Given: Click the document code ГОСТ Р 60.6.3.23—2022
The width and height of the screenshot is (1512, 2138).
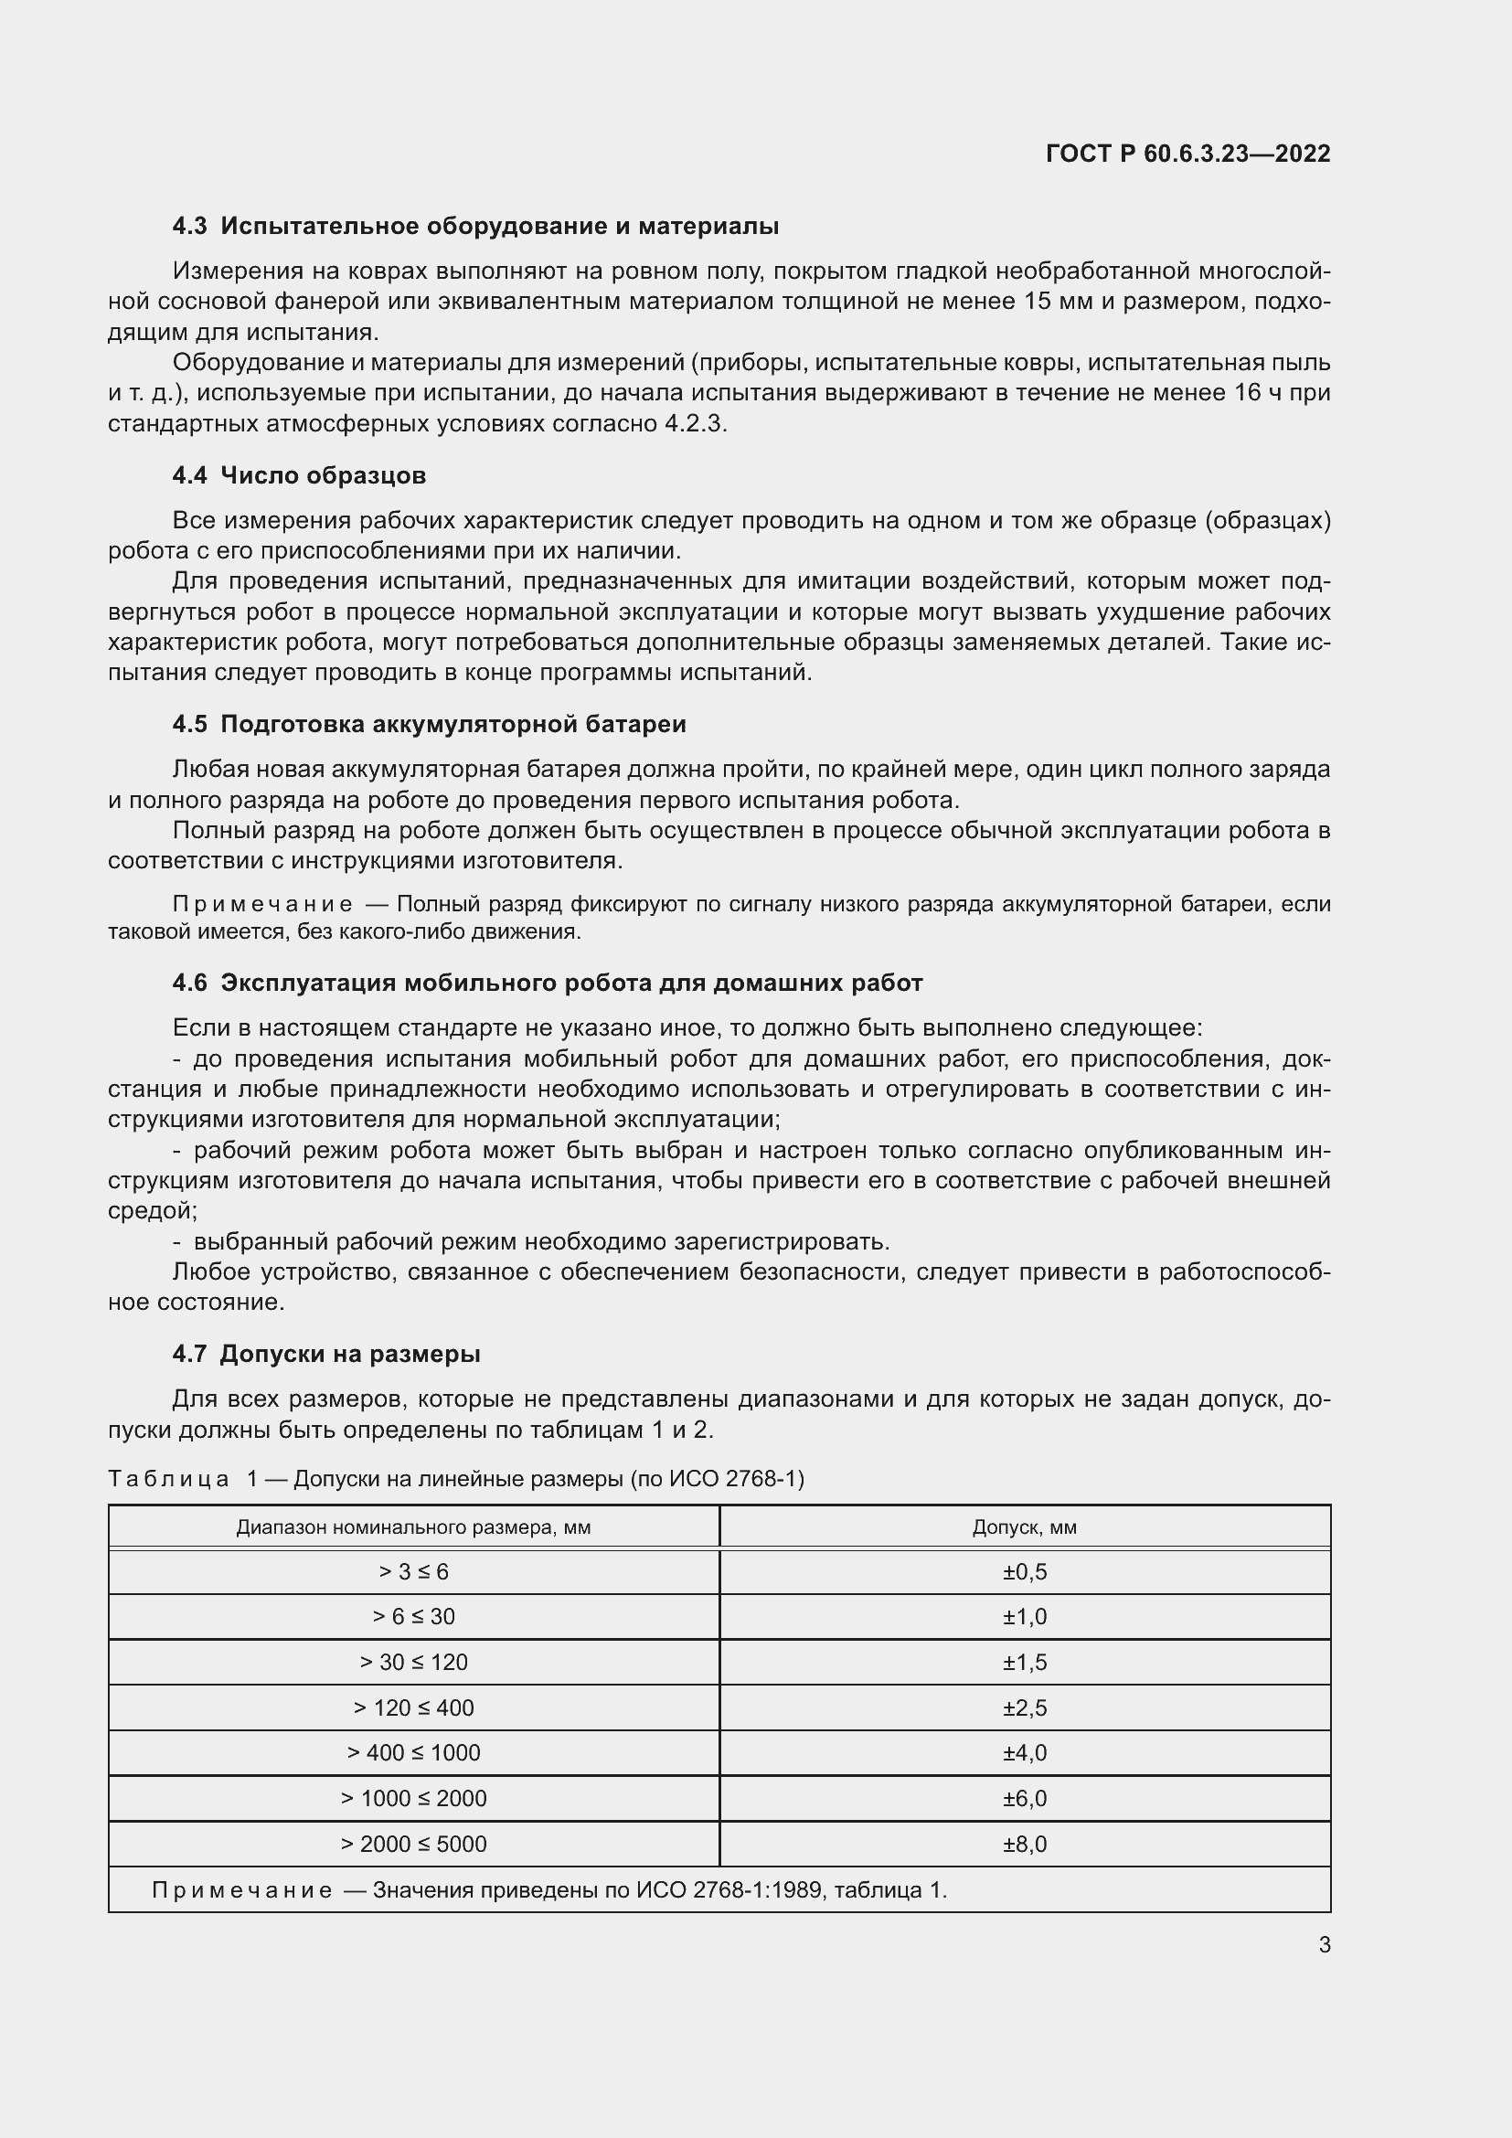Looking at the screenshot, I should (1188, 154).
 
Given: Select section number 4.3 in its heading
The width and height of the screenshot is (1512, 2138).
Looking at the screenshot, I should (190, 227).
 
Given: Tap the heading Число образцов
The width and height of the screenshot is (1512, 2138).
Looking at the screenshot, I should (323, 475).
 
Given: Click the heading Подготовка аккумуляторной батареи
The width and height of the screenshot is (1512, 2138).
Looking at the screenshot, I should (453, 724).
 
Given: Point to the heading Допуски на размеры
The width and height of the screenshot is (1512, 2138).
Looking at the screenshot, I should (350, 1354).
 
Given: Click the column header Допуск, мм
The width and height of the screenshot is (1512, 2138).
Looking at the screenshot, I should (1024, 1527).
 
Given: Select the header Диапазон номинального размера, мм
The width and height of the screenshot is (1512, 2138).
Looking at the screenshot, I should (413, 1527).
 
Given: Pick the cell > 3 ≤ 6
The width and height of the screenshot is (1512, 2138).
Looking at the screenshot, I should (413, 1572).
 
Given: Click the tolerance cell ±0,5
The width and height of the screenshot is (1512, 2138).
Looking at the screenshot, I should (1024, 1572).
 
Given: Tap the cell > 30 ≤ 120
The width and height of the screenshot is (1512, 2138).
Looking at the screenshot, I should (413, 1662).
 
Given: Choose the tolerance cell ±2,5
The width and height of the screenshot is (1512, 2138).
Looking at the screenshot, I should (1024, 1707).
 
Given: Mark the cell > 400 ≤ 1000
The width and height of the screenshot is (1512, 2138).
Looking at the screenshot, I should (413, 1752).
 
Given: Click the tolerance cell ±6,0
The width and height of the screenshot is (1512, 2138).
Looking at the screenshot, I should (1024, 1798).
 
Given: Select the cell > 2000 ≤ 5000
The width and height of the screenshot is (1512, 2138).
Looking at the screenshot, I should (413, 1844).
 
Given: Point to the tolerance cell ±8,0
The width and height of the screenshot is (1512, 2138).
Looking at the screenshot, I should (1024, 1844).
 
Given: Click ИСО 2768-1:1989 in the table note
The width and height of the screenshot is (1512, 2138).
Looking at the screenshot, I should (732, 1890).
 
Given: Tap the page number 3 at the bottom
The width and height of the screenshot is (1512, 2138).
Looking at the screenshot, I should (1324, 1944).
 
